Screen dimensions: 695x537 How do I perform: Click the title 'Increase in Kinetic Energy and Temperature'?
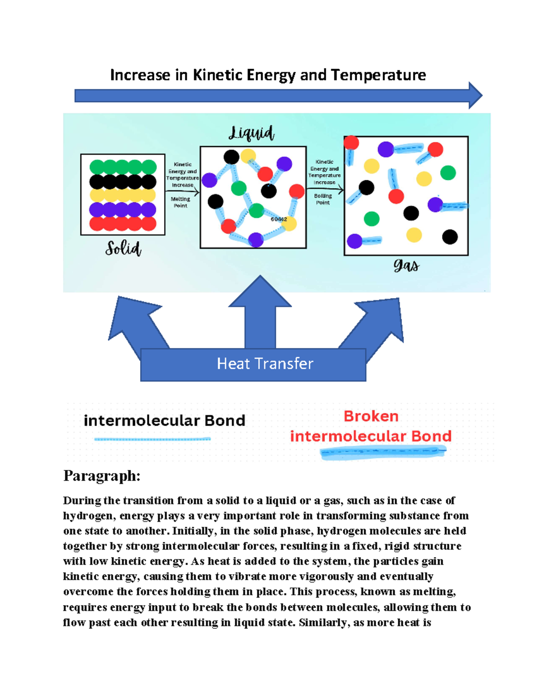[268, 75]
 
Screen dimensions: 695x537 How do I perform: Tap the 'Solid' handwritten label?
[123, 248]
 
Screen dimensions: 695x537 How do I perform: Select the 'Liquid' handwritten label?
[251, 133]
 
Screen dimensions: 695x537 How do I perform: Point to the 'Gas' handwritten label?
[406, 266]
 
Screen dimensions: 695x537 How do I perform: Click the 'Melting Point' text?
[180, 202]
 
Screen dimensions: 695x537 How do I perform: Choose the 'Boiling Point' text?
[323, 199]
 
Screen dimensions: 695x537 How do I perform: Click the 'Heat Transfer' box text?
[265, 363]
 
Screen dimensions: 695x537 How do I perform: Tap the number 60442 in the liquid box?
[279, 219]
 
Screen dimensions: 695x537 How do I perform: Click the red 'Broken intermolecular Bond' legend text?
[371, 426]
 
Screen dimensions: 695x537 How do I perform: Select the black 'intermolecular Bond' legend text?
[164, 421]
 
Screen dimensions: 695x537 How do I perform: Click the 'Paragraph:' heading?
[102, 475]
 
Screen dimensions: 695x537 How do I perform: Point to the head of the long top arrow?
[475, 95]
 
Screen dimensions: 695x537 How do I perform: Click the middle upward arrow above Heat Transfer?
[260, 309]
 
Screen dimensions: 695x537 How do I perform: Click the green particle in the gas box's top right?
[448, 173]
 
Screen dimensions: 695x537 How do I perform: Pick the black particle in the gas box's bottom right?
[450, 237]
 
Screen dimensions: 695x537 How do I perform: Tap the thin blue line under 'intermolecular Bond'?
[152, 439]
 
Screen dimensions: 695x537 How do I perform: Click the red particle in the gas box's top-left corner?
[351, 143]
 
